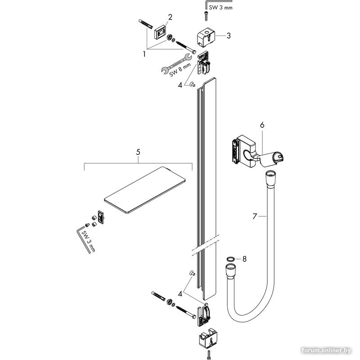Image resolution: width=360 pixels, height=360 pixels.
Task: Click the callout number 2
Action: point(170,17)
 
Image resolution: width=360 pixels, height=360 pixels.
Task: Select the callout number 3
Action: point(229,36)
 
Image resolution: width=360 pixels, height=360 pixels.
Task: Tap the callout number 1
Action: point(144,54)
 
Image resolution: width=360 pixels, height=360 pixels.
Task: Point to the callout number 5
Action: point(138,152)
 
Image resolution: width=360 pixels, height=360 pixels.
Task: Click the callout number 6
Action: point(262,125)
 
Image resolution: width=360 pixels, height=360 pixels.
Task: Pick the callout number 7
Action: point(254,216)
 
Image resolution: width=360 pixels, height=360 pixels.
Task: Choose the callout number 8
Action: point(244,259)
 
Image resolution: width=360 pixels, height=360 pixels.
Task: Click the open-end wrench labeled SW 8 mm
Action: point(177,63)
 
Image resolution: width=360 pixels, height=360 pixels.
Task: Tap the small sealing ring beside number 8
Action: point(231,259)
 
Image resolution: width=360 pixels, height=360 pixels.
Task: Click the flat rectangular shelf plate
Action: point(144,190)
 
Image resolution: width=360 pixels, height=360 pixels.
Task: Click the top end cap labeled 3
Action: point(206,36)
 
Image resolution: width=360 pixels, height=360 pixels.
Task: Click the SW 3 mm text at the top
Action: point(220,8)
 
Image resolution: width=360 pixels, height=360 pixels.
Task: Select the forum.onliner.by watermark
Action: point(327,351)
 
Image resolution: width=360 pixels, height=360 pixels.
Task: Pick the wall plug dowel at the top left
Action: point(145,24)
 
